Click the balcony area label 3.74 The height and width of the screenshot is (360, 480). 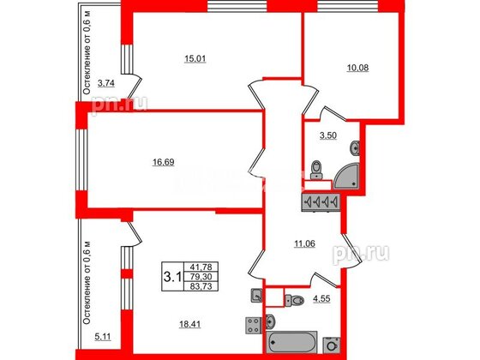(x=105, y=83)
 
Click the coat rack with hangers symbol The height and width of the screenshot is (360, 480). (x=321, y=201)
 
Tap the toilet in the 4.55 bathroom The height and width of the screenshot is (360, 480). (x=295, y=301)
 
